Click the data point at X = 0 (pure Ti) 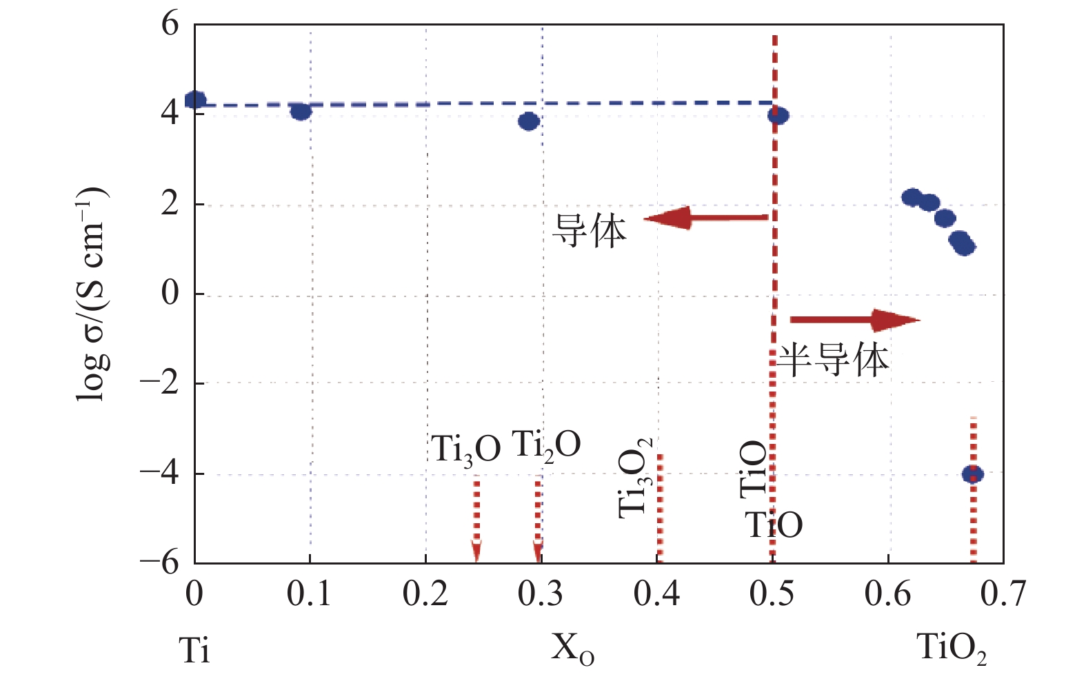pos(196,100)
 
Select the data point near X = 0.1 pos(301,111)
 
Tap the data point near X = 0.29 pos(529,122)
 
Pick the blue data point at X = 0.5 pos(778,116)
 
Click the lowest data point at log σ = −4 pos(973,474)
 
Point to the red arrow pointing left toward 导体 pos(706,218)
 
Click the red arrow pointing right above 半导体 pos(855,320)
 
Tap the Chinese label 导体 pos(590,231)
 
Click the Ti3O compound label pos(466,449)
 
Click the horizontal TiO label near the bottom pos(774,525)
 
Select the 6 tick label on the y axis pos(170,25)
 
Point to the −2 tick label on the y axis pos(160,383)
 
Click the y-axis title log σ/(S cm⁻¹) pos(92,294)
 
